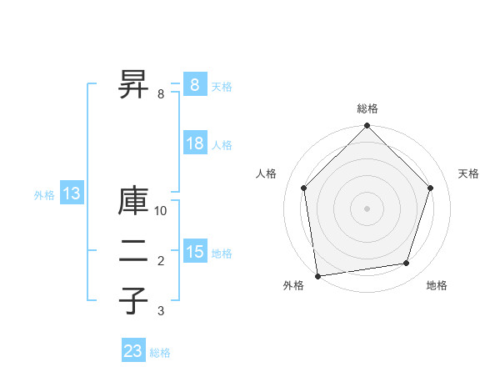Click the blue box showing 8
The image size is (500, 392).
(194, 85)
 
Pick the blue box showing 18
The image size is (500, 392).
(194, 143)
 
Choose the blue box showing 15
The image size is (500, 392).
(194, 252)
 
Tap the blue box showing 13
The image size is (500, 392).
(72, 194)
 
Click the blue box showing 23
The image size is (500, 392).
(133, 351)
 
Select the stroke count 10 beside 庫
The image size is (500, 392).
(162, 211)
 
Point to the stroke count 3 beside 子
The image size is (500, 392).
(161, 311)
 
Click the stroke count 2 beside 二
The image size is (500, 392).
(161, 262)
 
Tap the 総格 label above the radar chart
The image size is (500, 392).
(367, 108)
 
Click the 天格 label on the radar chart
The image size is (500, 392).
(468, 173)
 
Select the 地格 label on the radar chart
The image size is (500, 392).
(437, 285)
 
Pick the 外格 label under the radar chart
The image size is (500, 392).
(293, 285)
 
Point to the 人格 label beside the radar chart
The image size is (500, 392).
(266, 173)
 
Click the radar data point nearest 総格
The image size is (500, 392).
(367, 127)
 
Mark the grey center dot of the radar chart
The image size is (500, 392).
(367, 208)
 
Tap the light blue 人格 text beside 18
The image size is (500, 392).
(222, 145)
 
